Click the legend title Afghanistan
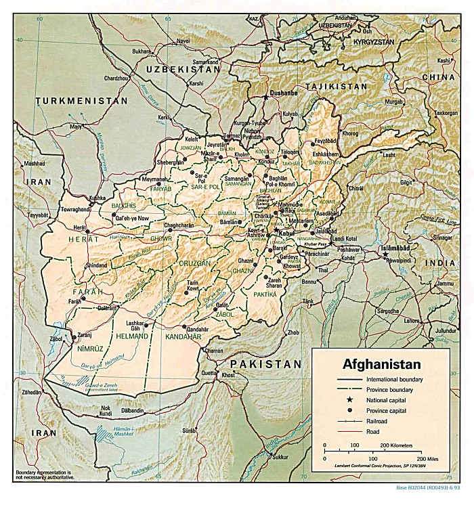pyautogui.click(x=381, y=363)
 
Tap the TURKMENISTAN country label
pyautogui.click(x=82, y=100)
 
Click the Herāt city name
pyautogui.click(x=80, y=228)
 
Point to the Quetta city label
pyautogui.click(x=208, y=373)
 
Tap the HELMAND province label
pyautogui.click(x=131, y=336)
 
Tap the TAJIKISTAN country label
pyautogui.click(x=336, y=87)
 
